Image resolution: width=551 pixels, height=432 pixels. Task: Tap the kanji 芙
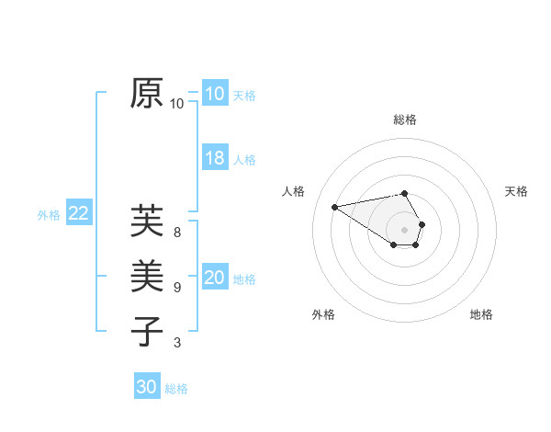point(148,221)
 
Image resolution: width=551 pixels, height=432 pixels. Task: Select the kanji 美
point(148,276)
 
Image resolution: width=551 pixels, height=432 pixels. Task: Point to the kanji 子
point(148,330)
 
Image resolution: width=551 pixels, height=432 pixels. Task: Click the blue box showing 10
point(215,94)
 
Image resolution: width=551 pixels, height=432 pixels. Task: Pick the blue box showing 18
point(215,158)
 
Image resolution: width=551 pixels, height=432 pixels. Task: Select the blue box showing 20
point(215,278)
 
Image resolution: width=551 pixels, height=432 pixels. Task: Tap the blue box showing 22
point(79,214)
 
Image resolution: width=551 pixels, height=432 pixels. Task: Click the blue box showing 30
point(147,387)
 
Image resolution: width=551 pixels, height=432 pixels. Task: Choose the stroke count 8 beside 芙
point(177,232)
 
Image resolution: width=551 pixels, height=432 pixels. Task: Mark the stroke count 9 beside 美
point(177,287)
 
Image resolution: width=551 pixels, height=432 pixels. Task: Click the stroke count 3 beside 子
point(177,343)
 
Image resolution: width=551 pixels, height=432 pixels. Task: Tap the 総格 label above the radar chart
point(405,119)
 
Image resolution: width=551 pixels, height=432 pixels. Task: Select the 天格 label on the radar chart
point(516,191)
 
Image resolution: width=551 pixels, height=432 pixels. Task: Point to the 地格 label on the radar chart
point(481,314)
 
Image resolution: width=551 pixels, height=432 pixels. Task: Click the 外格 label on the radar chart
point(323,314)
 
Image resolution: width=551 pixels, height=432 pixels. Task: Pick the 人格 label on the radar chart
point(293,191)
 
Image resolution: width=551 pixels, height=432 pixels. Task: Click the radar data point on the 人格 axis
point(335,206)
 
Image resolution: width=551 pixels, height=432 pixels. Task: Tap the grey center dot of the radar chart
point(405,229)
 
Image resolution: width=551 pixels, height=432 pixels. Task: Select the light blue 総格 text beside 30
point(176,389)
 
